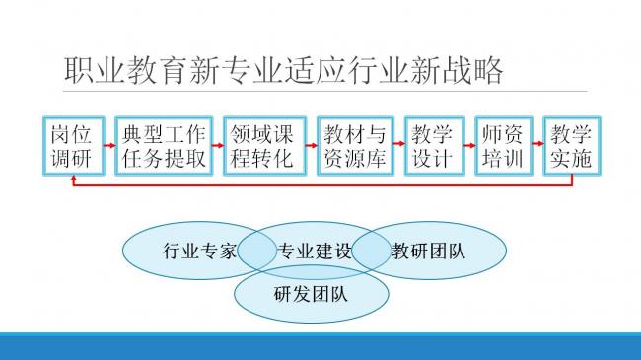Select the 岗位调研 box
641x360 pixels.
(x=71, y=146)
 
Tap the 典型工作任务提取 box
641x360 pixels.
(x=163, y=146)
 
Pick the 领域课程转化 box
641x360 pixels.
(x=261, y=146)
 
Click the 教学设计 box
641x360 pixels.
(x=434, y=146)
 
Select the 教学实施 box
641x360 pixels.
(x=572, y=146)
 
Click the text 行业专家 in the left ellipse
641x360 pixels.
(x=199, y=251)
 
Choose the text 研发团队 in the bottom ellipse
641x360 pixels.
(x=310, y=293)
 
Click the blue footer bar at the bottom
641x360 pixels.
(x=320, y=347)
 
